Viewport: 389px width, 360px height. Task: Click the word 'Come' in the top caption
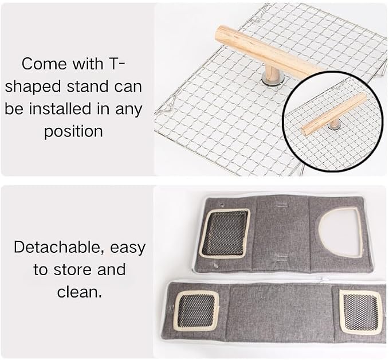pos(45,64)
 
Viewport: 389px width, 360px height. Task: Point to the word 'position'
pos(73,132)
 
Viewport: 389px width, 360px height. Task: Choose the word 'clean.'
pos(80,292)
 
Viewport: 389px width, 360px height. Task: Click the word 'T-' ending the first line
pos(116,64)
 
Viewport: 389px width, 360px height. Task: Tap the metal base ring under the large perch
pos(270,81)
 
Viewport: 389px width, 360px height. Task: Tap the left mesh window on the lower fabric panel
pos(197,311)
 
